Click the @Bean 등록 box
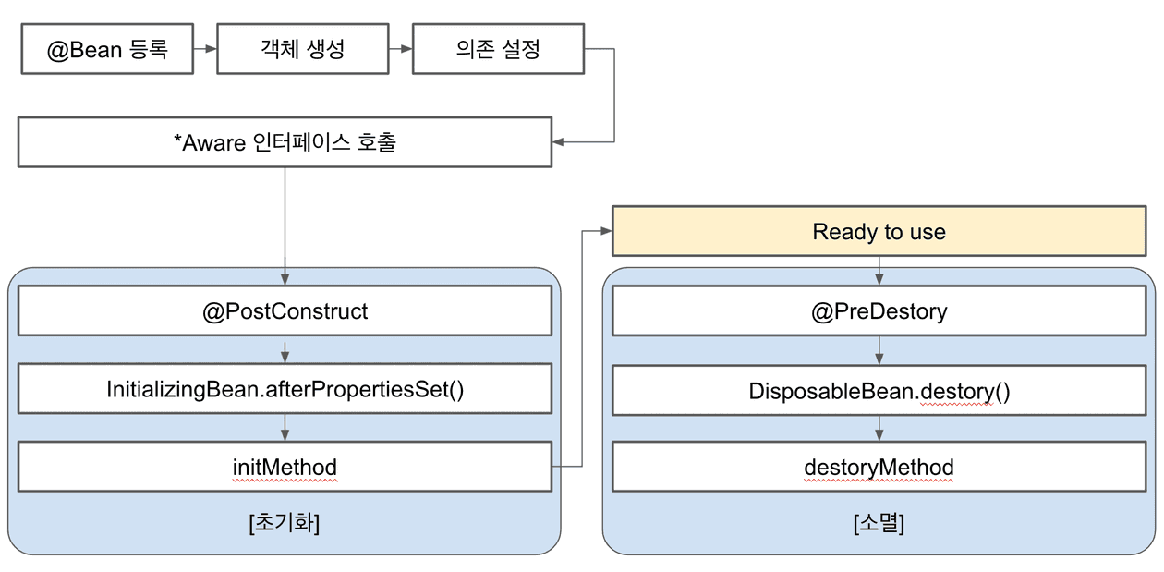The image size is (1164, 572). click(107, 49)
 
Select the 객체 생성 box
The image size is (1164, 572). click(302, 49)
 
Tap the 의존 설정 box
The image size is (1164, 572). click(497, 49)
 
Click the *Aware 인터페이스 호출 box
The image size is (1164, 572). click(285, 142)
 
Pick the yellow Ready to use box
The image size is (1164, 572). click(879, 231)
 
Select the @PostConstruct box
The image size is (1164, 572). click(285, 310)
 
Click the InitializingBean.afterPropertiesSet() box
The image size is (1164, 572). click(285, 389)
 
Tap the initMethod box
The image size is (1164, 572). click(285, 468)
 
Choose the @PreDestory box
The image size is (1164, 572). click(879, 310)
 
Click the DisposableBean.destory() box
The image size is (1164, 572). click(879, 391)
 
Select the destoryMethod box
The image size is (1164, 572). click(879, 468)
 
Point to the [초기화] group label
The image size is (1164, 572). click(285, 523)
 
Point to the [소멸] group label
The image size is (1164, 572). click(879, 523)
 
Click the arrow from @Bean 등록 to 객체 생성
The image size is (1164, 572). click(205, 49)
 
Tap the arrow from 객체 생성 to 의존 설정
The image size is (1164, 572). click(401, 49)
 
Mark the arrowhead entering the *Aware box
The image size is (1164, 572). click(558, 142)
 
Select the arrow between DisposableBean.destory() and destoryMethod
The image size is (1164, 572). click(879, 428)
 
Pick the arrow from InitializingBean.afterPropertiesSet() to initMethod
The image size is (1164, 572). click(285, 428)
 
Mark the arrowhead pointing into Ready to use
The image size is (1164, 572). click(606, 231)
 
